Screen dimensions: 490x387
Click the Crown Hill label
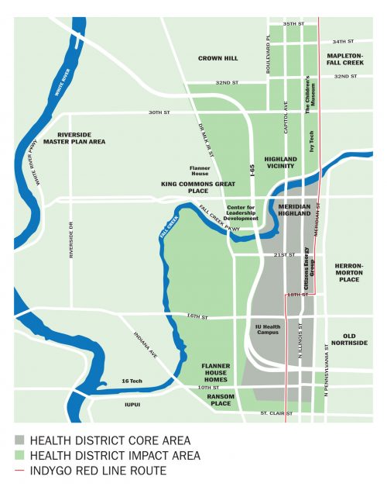217,58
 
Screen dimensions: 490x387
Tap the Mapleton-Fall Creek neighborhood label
344,59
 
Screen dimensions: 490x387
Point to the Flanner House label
200,170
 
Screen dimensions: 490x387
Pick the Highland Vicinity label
279,162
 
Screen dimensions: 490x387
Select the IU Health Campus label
267,330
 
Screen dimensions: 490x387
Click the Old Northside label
349,339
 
